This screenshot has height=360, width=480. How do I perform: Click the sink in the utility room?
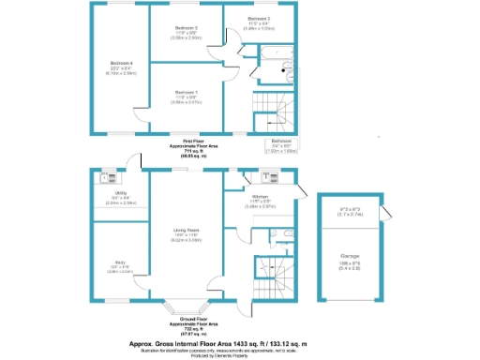(106, 174)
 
